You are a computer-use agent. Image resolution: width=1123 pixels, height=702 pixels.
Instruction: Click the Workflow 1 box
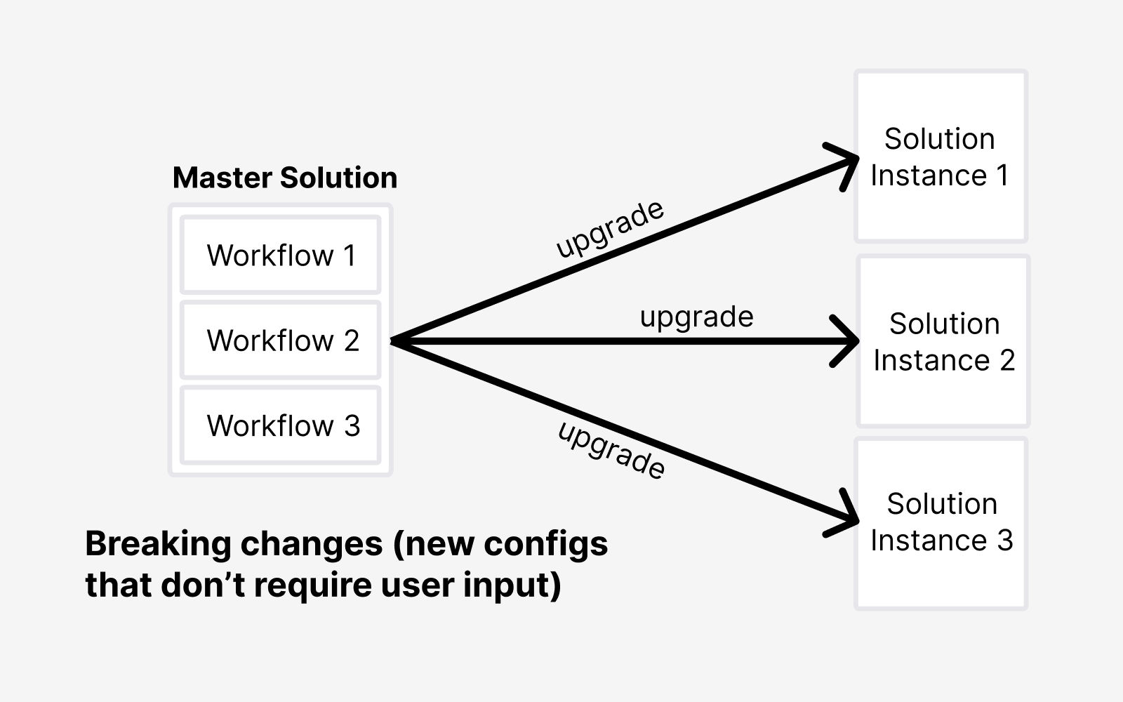[281, 256]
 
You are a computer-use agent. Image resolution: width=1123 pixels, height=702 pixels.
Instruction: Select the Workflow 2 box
[281, 340]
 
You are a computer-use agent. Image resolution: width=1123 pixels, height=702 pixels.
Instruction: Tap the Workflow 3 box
[281, 425]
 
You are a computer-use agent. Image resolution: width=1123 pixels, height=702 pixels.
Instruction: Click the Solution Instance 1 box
[941, 157]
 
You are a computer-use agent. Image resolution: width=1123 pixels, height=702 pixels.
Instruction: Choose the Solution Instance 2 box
[943, 342]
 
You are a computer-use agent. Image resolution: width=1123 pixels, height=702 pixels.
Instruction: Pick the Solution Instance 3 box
[941, 523]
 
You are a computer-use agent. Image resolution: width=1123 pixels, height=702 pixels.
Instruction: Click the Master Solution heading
[285, 178]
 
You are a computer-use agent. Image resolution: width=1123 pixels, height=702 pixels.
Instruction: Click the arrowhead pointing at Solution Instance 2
[848, 341]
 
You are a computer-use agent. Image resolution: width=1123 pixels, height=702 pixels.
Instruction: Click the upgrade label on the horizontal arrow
[696, 317]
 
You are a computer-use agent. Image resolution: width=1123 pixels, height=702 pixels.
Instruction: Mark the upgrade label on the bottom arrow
[611, 450]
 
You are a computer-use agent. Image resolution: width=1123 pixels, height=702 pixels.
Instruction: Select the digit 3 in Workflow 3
[352, 426]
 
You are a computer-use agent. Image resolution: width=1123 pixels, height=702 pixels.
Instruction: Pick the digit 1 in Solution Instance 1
[1002, 175]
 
